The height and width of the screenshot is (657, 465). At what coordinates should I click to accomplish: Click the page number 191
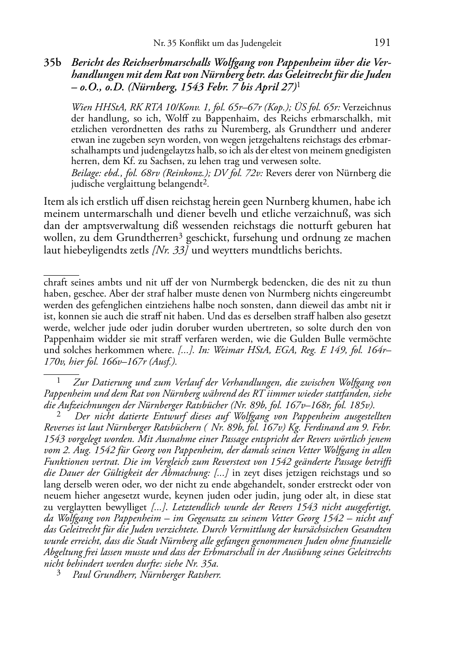click(x=382, y=43)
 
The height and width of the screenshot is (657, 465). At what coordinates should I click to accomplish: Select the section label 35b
click(x=53, y=63)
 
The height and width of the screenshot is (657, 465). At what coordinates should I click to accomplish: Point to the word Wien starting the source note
click(x=80, y=107)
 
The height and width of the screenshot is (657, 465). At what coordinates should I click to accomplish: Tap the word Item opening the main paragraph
click(x=53, y=202)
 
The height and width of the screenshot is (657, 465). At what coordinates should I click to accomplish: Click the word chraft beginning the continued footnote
click(x=55, y=283)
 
